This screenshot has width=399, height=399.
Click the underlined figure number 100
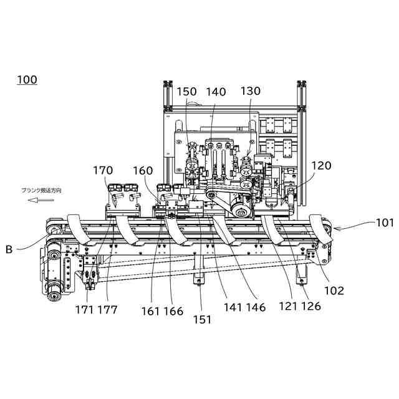pos(27,80)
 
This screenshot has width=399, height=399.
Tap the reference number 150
pos(186,92)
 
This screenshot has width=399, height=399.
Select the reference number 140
pos(216,92)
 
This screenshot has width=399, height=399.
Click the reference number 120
pos(322,166)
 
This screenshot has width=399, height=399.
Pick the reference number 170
pos(104,170)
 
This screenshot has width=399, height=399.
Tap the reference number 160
pos(143,170)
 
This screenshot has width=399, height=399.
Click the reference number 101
pos(385,222)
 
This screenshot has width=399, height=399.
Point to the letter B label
pos(9,250)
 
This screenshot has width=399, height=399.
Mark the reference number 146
pos(256,307)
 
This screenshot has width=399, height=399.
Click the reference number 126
pos(311,307)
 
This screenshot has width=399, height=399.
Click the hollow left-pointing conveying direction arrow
pos(43,200)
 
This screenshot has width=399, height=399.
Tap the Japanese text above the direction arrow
pos(42,190)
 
